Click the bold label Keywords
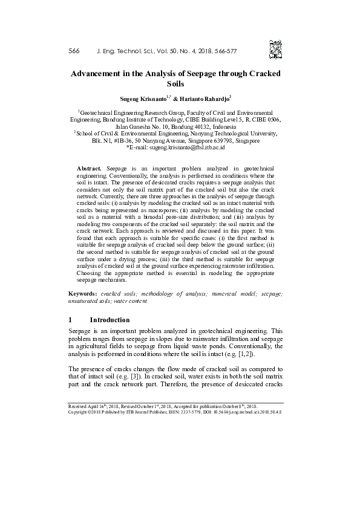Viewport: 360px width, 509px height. coord(83,293)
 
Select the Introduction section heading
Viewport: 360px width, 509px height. coord(110,319)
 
